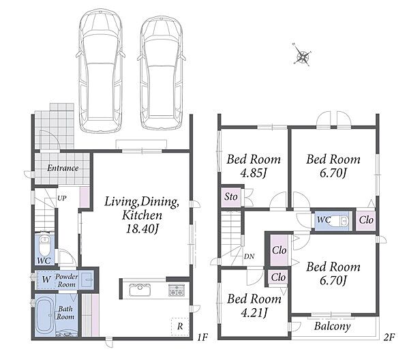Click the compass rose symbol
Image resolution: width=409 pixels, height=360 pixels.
click(303, 55)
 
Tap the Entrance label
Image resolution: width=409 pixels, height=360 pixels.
click(63, 168)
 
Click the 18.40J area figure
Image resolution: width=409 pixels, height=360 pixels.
click(142, 229)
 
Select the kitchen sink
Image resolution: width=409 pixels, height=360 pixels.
click(140, 290)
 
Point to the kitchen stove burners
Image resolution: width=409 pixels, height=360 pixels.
click(177, 290)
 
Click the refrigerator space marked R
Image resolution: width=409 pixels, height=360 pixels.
click(180, 327)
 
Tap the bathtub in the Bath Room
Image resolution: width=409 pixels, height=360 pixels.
click(44, 316)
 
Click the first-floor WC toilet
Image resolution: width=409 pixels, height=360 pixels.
click(44, 245)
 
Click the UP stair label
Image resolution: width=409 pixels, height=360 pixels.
click(62, 198)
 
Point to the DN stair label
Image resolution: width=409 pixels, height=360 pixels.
click(249, 256)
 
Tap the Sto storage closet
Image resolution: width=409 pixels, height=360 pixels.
click(231, 196)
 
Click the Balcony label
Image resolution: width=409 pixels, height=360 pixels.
click(332, 327)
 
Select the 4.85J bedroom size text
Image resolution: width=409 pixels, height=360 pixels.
click(254, 172)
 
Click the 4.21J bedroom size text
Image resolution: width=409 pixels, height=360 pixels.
click(254, 312)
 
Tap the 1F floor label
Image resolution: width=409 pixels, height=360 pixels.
click(202, 337)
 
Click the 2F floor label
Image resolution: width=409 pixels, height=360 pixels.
click(389, 337)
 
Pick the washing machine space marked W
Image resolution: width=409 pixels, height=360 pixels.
click(46, 280)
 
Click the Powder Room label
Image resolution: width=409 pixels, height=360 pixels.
click(66, 280)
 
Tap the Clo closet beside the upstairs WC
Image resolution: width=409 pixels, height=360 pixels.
click(366, 220)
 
